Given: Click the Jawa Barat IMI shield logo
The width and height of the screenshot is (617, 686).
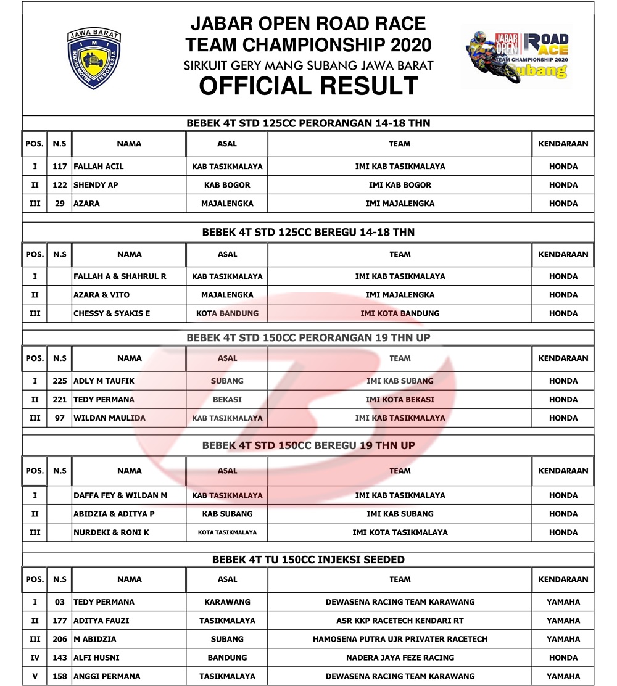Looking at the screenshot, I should point(94,59).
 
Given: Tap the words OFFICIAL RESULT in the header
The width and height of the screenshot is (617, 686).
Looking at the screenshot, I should point(308,86).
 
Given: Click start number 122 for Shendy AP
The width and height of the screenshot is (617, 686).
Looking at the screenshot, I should point(60,185).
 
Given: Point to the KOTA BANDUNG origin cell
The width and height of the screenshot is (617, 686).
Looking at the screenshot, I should point(227,313).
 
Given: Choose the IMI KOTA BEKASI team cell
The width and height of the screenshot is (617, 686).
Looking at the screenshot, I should point(400,400).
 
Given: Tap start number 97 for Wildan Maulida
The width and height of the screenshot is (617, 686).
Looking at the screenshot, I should point(60,418).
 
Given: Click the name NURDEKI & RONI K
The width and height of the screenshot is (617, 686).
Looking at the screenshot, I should point(112,532).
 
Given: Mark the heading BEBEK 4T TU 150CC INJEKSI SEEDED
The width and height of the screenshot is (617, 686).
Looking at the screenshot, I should point(308,560).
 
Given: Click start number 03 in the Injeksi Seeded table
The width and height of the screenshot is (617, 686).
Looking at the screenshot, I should point(60,602).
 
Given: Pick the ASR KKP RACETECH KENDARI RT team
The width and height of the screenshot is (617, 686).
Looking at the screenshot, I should point(400,621).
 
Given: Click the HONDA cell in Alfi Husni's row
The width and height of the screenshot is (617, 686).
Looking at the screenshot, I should point(563,658).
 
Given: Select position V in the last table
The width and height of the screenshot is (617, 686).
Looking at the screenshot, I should point(35,676).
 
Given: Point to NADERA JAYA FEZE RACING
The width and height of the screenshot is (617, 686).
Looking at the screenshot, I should point(400,658).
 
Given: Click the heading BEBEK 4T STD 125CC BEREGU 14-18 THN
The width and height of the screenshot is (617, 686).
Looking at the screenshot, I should point(308,233).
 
